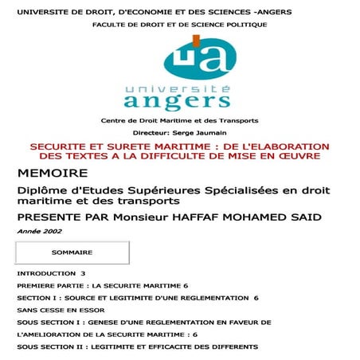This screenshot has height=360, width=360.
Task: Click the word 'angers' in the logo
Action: click(177, 100)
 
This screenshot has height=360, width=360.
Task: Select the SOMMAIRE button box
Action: click(72, 252)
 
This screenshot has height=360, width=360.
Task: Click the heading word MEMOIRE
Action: click(49, 173)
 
